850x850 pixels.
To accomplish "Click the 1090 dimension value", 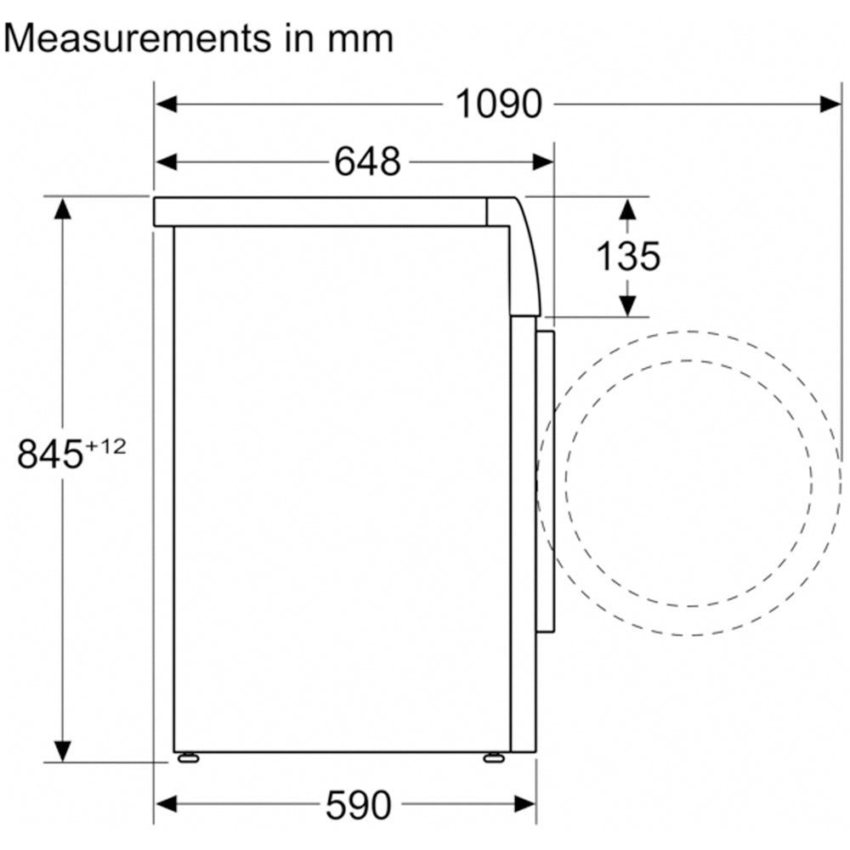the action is [498, 104].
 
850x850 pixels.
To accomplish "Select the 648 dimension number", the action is [367, 161].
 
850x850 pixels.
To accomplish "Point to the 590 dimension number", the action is [359, 805].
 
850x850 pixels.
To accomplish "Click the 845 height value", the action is [50, 454].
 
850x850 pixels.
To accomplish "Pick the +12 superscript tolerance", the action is [105, 447].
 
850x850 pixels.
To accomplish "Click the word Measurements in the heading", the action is [137, 39].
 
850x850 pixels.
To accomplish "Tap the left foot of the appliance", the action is [188, 758].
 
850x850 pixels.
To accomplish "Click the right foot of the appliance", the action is [494, 758].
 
